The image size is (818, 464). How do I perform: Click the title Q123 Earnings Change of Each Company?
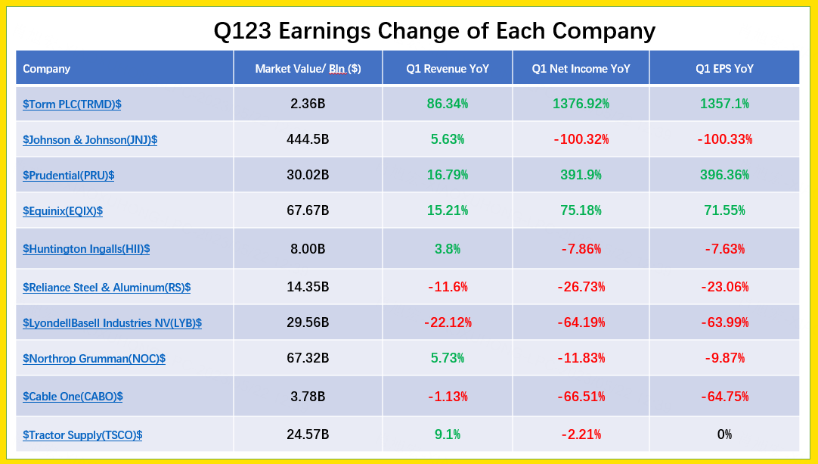click(434, 31)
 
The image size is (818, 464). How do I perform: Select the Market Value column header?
click(308, 69)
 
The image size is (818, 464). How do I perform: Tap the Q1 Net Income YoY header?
click(581, 69)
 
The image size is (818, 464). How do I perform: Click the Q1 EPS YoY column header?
click(724, 69)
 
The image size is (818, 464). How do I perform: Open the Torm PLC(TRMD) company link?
click(72, 104)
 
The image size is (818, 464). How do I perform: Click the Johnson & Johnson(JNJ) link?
click(90, 140)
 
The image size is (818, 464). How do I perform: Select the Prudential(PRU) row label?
click(68, 176)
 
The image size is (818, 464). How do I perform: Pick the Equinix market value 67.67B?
click(308, 210)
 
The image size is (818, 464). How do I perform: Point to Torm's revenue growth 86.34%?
click(448, 104)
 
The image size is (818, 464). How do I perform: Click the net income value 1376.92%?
click(581, 104)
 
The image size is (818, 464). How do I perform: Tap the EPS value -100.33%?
click(724, 139)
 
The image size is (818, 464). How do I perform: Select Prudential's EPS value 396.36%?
click(724, 175)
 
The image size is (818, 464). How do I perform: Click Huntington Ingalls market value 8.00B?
click(308, 248)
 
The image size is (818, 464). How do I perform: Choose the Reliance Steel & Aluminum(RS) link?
click(107, 288)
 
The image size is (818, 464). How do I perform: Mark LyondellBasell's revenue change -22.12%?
click(448, 322)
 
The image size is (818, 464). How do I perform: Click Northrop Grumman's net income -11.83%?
click(581, 358)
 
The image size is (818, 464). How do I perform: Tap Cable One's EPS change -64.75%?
click(724, 396)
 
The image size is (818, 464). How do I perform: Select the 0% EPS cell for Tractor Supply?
click(724, 434)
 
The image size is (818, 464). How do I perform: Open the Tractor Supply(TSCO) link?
click(82, 435)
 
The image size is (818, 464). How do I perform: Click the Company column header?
click(47, 69)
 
